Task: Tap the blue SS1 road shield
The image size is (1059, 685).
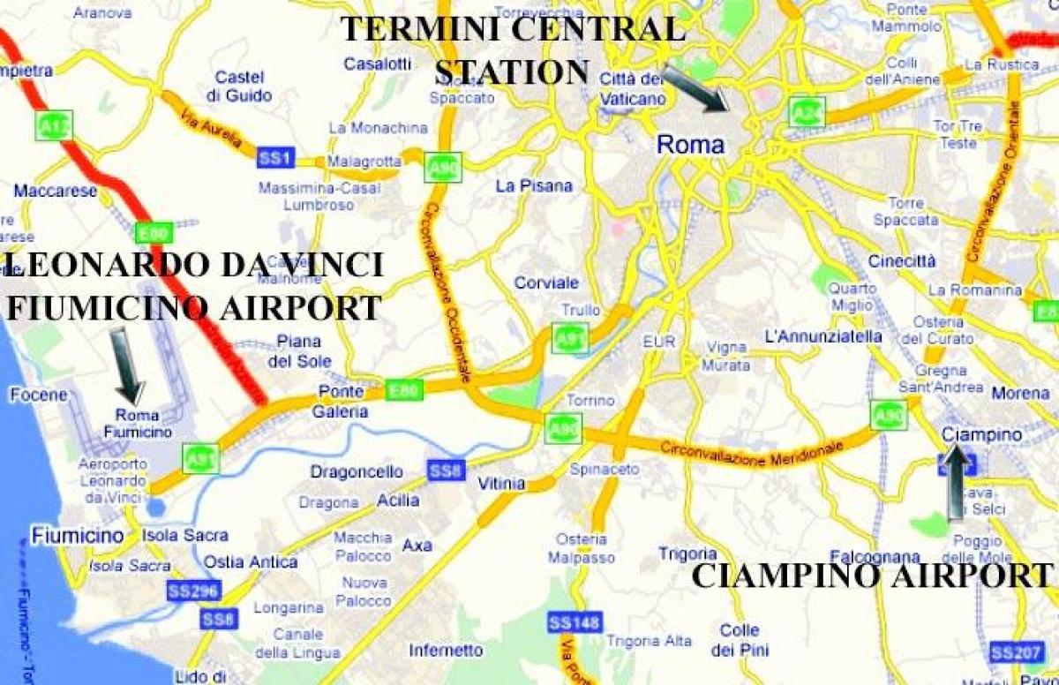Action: [x=274, y=157]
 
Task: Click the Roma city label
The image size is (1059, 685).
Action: [x=689, y=144]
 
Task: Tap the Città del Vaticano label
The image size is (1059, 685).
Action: [x=632, y=89]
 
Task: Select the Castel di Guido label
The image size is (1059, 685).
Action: [x=238, y=86]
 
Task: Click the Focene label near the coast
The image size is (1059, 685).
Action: [x=39, y=395]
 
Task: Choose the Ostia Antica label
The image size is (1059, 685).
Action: [x=251, y=561]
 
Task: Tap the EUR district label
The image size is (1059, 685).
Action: [x=658, y=341]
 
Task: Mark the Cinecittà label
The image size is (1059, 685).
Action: [x=901, y=261]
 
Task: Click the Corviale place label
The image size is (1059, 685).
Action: [x=547, y=282]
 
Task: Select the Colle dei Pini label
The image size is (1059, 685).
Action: [x=740, y=640]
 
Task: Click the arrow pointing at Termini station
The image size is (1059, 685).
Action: [x=695, y=88]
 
